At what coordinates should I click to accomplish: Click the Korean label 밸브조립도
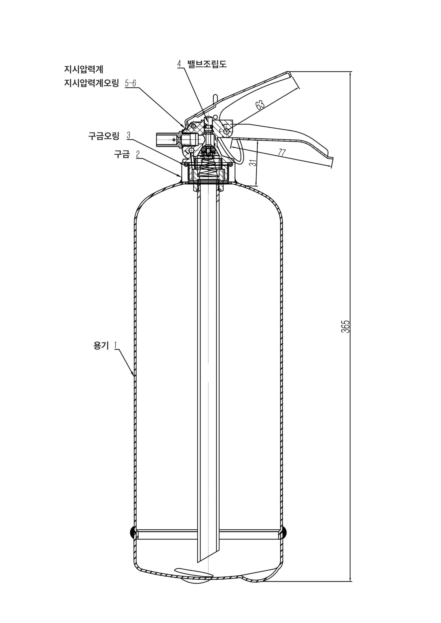[207, 64]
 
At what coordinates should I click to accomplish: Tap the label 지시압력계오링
[91, 83]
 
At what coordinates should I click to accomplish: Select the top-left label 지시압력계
[84, 70]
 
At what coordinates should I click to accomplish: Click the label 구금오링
[104, 136]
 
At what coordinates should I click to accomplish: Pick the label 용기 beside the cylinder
[101, 346]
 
